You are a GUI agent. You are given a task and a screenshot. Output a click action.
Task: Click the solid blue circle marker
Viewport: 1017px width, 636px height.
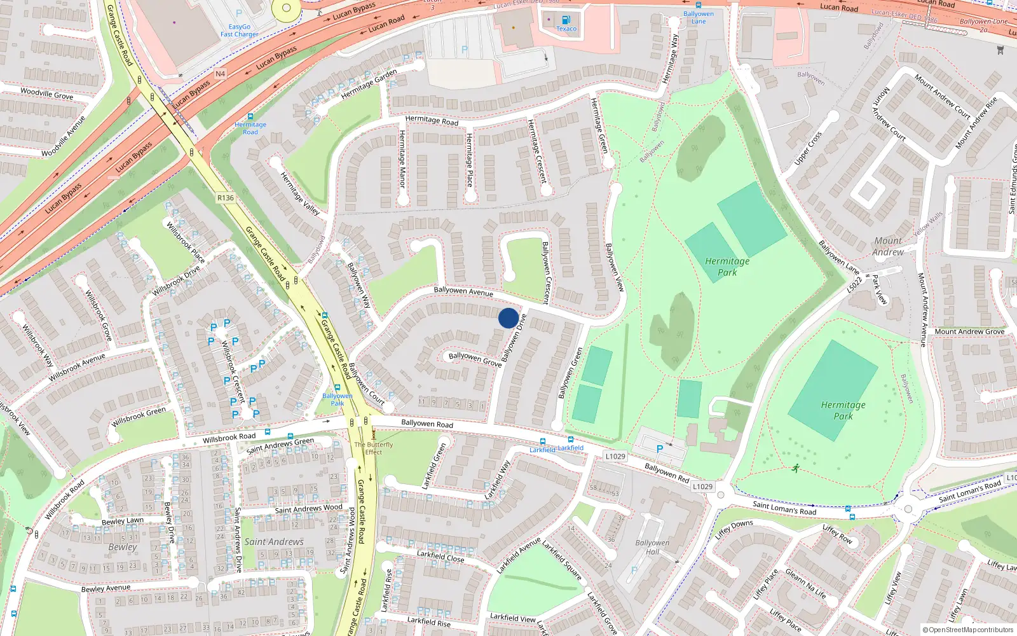coord(508,318)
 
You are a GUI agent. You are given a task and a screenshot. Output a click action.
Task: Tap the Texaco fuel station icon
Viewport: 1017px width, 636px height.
coord(566,20)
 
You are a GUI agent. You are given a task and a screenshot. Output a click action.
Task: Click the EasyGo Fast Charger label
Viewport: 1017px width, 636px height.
coord(240,31)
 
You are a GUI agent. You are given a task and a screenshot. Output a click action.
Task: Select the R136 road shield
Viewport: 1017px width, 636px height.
coord(226,198)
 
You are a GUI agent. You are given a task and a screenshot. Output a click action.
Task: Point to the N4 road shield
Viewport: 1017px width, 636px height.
coord(220,74)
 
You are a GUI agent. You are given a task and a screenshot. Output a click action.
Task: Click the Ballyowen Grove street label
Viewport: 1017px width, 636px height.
coord(475,359)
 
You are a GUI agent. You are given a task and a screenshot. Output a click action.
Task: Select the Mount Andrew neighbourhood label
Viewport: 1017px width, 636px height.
coord(888,246)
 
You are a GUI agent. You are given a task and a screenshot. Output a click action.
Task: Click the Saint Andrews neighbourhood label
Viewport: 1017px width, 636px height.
coord(274,542)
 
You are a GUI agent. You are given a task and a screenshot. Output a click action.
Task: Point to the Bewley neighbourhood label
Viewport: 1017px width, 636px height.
coord(122,547)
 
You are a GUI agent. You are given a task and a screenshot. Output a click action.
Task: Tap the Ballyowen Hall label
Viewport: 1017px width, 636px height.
coord(652,547)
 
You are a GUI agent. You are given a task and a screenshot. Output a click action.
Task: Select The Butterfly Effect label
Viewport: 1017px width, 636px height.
coord(374,448)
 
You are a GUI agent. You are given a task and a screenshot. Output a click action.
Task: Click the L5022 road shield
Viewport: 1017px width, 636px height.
coord(856,285)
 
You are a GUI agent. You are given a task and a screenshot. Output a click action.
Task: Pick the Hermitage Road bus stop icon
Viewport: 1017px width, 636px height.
coord(250,117)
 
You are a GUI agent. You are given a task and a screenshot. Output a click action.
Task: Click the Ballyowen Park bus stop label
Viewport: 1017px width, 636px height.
coord(337,399)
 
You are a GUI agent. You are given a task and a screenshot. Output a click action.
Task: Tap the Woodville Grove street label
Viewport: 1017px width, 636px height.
coord(46,93)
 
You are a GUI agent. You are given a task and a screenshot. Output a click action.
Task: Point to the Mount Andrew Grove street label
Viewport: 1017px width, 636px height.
coord(969,331)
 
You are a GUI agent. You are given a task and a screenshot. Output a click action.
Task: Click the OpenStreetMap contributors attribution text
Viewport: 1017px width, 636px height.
coord(968,630)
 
